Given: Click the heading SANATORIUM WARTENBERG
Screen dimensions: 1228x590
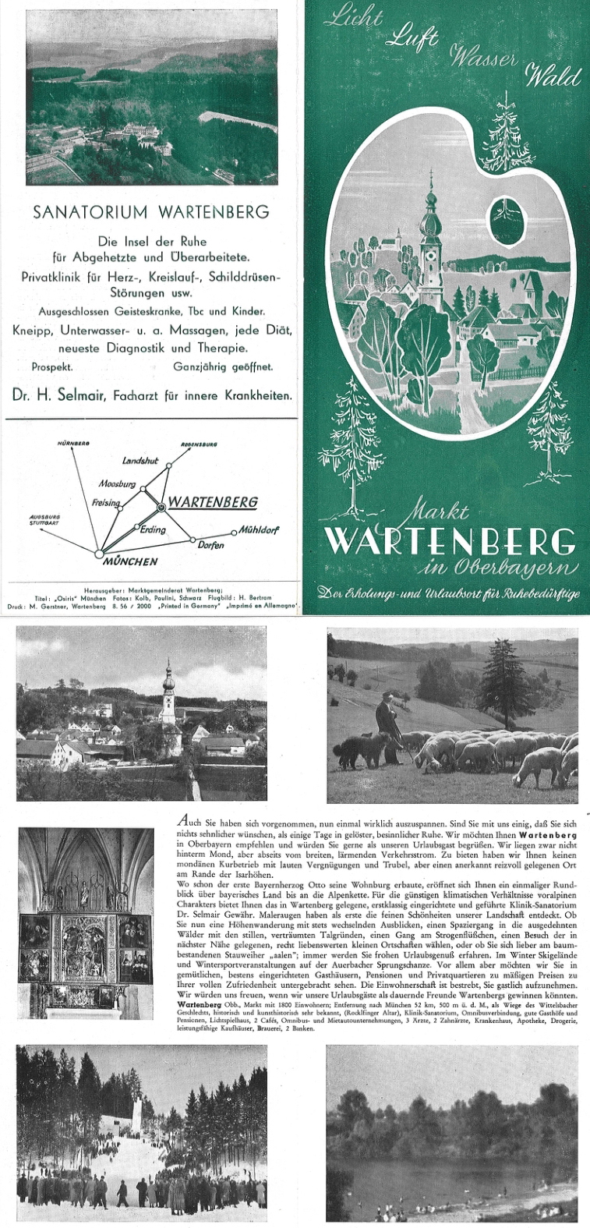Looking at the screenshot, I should [x=151, y=212].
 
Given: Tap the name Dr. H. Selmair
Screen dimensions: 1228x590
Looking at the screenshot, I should [x=58, y=395].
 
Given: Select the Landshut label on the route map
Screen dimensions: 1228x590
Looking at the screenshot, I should [x=140, y=461].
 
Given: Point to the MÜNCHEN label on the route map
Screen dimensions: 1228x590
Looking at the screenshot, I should [x=130, y=561].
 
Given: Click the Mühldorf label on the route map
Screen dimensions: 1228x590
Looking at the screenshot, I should [x=259, y=530].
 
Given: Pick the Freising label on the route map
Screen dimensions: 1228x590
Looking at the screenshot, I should [x=106, y=503].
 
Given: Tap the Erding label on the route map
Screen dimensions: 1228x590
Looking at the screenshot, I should [x=153, y=529].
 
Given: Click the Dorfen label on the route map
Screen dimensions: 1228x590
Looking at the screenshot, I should [x=210, y=545].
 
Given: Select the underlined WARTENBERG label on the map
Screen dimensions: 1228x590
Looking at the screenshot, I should [x=213, y=502].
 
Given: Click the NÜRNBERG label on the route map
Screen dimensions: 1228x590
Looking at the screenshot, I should [x=74, y=444].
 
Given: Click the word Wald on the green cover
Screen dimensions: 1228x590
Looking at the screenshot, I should [x=553, y=77].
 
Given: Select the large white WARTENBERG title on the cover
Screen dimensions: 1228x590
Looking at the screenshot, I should [x=450, y=541].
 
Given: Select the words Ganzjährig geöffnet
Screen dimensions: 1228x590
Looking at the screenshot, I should [x=223, y=366].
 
